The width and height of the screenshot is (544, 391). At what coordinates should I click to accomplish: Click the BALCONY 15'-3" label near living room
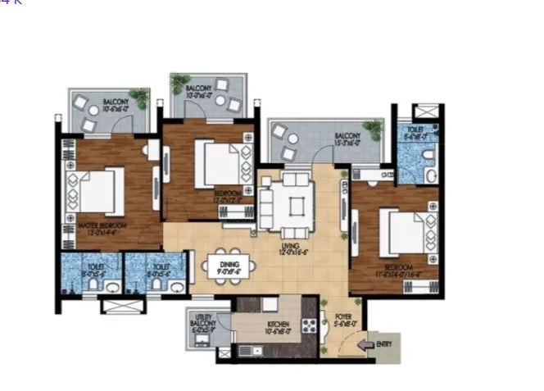pyautogui.click(x=349, y=139)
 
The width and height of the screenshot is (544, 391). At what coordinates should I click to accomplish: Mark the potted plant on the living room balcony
pyautogui.click(x=374, y=128)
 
